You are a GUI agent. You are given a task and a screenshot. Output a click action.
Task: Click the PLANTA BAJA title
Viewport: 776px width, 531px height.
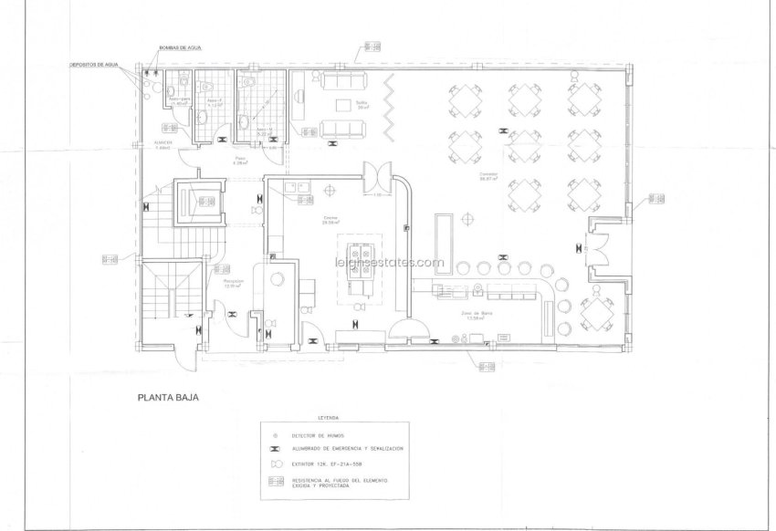(168, 397)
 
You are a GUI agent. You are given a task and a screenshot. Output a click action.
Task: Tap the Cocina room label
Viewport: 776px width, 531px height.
(330, 219)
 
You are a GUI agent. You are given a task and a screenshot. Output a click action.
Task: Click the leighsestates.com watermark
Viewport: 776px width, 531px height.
(387, 262)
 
